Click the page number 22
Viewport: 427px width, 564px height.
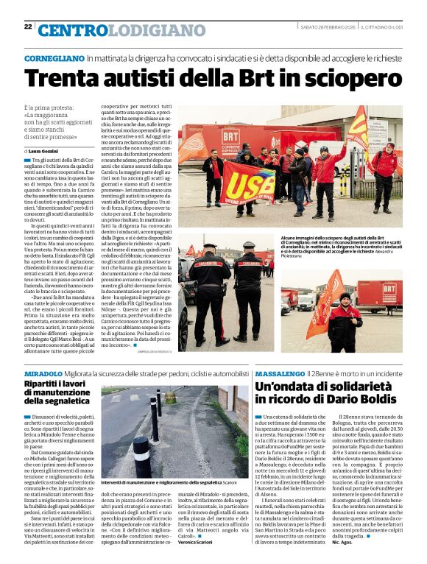(x=28, y=26)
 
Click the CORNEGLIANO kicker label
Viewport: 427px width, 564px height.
(x=54, y=57)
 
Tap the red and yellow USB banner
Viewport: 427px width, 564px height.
(x=247, y=184)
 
